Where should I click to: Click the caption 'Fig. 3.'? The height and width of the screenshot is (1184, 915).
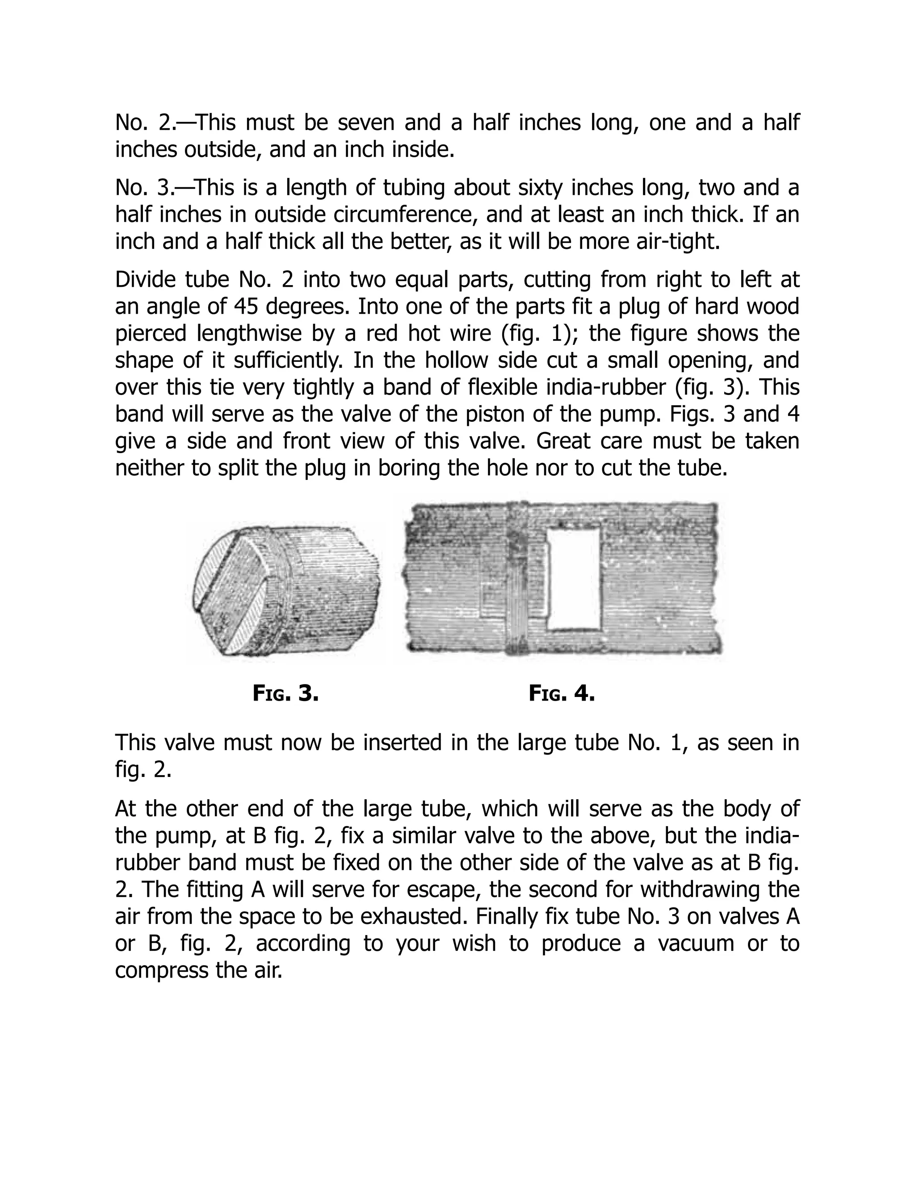(x=285, y=693)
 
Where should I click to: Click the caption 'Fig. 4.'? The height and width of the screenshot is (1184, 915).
(x=562, y=693)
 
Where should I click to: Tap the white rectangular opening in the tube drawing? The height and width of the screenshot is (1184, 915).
(x=574, y=579)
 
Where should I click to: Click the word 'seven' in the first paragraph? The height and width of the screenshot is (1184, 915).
(x=366, y=122)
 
